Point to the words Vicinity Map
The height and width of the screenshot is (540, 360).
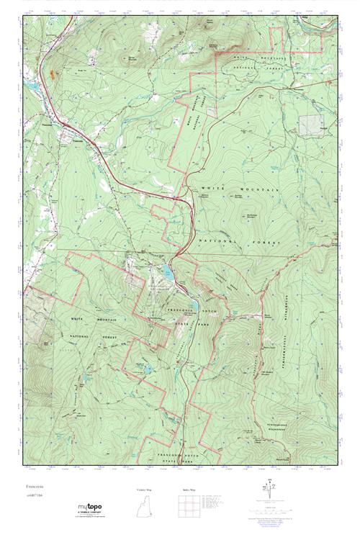pyautogui.click(x=145, y=490)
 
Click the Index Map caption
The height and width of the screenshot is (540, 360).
pyautogui.click(x=189, y=490)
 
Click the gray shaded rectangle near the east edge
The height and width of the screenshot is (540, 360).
pyautogui.click(x=312, y=125)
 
